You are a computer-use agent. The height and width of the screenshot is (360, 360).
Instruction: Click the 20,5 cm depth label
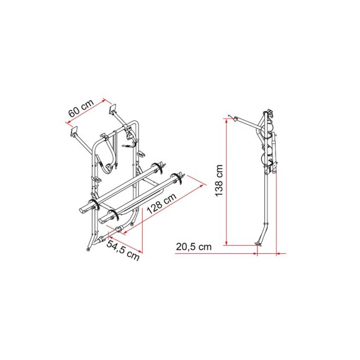pyautogui.click(x=194, y=246)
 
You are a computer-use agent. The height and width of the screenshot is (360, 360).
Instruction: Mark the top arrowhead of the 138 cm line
pyautogui.click(x=228, y=119)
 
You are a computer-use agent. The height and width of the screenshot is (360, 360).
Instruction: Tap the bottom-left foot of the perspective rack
pyautogui.click(x=88, y=247)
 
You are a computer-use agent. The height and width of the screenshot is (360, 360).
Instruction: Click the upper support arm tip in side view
pyautogui.click(x=232, y=117)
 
